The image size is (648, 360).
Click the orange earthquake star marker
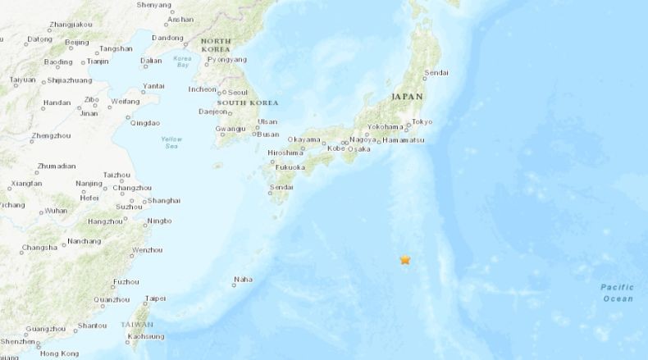pos(405,261)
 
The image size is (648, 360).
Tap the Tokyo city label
pos(422,122)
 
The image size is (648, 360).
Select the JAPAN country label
pos(407,96)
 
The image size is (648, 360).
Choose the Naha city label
pos(243,279)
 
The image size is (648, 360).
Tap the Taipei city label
pos(154,298)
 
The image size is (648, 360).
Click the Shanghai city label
pos(165,200)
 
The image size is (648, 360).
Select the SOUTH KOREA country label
pos(246,103)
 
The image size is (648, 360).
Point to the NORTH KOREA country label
pos(215,45)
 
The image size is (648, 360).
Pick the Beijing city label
pos(76,42)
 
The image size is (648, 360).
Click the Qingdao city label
pos(144,123)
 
